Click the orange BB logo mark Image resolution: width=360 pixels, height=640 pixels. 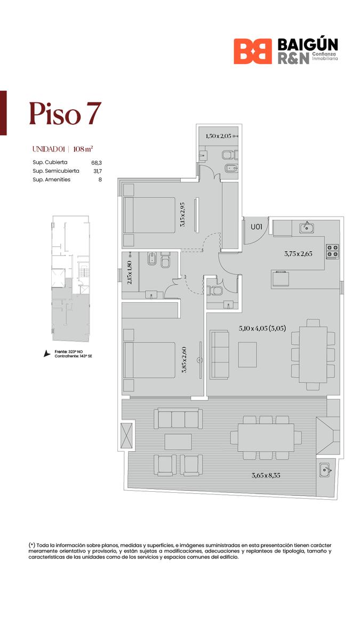(x=253, y=51)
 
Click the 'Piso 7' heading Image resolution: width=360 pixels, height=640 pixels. (x=65, y=114)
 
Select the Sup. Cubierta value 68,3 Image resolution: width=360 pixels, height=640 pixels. (x=97, y=163)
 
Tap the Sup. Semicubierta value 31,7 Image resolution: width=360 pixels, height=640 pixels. (x=98, y=171)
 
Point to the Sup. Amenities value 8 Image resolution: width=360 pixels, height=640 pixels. (x=100, y=180)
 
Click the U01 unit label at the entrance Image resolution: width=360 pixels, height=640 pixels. (x=257, y=227)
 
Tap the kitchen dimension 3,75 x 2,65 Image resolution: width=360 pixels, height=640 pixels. (x=298, y=253)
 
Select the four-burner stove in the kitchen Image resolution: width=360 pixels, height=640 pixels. (x=333, y=251)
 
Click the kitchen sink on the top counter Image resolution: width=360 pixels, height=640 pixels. (x=307, y=228)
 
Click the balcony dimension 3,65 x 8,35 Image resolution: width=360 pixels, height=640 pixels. (x=266, y=475)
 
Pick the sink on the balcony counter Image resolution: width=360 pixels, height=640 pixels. (x=325, y=470)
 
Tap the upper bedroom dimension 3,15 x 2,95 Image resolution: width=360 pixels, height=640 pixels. (x=182, y=214)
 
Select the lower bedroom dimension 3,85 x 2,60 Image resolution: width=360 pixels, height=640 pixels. (x=184, y=359)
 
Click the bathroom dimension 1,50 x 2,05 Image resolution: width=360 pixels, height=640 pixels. (x=219, y=136)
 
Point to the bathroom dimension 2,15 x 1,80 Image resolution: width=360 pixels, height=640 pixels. (x=130, y=273)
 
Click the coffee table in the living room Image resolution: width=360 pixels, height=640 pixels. (x=247, y=355)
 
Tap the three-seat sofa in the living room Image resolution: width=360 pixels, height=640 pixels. (x=219, y=355)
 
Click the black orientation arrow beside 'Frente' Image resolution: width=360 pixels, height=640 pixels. (x=46, y=354)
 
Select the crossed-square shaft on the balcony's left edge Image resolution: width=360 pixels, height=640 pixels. (x=126, y=436)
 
